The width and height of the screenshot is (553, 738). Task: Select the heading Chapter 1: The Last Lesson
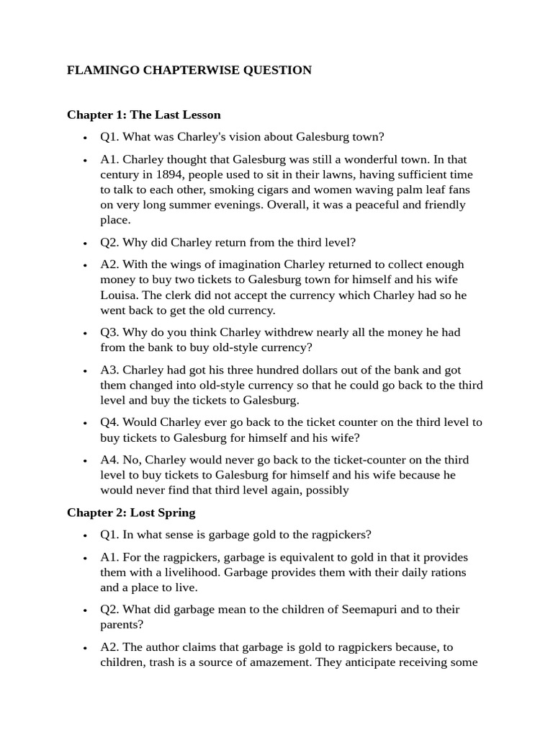143,115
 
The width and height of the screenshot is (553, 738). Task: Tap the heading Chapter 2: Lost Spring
131,513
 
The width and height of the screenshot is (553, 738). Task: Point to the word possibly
325,490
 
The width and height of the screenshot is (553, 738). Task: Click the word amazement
271,662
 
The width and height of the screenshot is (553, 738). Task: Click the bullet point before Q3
85,333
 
